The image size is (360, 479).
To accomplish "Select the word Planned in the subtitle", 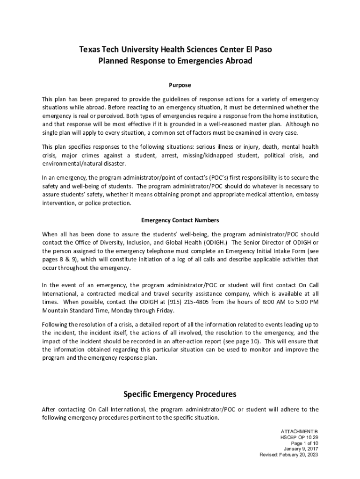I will [114, 61].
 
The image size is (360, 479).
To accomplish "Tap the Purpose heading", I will [180, 85].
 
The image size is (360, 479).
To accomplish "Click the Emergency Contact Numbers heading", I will [180, 220].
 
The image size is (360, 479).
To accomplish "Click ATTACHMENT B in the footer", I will [299, 430].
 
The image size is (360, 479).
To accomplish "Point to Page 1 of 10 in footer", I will [304, 443].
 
